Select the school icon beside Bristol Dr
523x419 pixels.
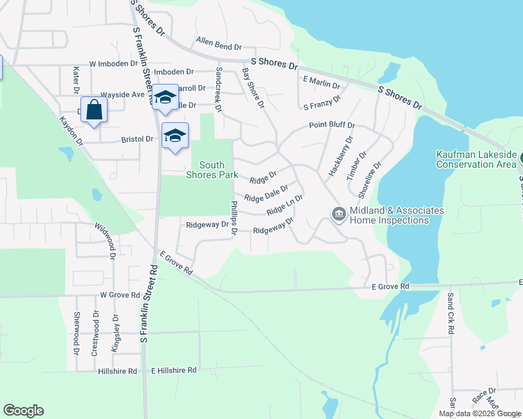[x=175, y=135]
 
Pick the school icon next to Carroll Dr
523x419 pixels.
[x=165, y=98]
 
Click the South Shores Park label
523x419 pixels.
[x=213, y=170]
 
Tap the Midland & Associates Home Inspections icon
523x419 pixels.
[x=339, y=214]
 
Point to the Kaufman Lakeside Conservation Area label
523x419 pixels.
[x=475, y=159]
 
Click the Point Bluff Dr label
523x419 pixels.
[x=332, y=126]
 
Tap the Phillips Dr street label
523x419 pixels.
[x=234, y=218]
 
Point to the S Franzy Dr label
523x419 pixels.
[x=321, y=103]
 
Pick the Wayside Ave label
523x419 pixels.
[x=122, y=94]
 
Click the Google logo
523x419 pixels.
[x=23, y=411]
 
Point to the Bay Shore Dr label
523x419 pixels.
[x=252, y=87]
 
